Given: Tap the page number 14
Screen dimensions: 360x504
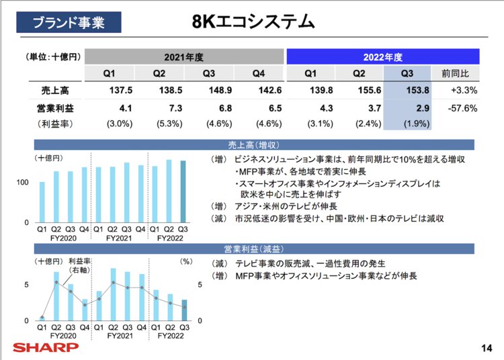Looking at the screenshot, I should coord(487,347).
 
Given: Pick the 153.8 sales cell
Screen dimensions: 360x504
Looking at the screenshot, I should coord(407,90).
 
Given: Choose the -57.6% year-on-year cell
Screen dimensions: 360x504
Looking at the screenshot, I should coord(460,107).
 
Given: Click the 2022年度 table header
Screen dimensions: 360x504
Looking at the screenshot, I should coord(382,57).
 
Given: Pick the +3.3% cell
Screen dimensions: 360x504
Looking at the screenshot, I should coord(464,90).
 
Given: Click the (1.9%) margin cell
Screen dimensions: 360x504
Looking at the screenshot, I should coord(407,124).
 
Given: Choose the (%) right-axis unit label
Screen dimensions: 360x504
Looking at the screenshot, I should coord(187,260).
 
